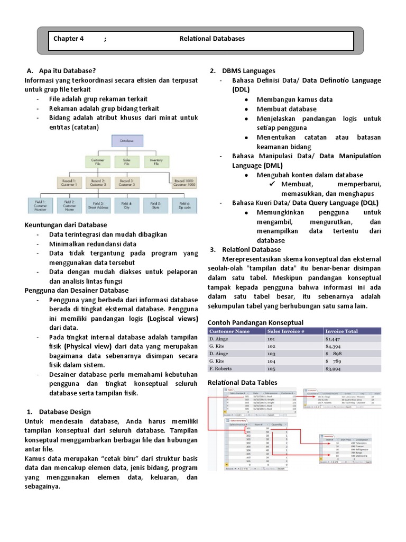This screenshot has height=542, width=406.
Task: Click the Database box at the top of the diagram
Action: pyautogui.click(x=126, y=141)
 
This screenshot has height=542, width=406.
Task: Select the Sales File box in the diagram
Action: pyautogui.click(x=126, y=161)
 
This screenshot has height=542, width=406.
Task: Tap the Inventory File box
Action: pyautogui.click(x=156, y=161)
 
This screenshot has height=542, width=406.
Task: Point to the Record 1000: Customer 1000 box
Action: pyautogui.click(x=183, y=183)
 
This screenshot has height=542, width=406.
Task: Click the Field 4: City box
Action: pyautogui.click(x=126, y=205)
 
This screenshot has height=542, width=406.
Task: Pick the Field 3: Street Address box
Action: pyautogui.click(x=98, y=205)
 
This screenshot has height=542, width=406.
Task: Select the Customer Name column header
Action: pyautogui.click(x=229, y=331)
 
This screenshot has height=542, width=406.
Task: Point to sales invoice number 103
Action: pyautogui.click(x=272, y=354)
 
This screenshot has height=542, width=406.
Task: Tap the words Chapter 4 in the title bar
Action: pyautogui.click(x=69, y=39)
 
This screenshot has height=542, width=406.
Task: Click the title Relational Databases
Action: pyautogui.click(x=212, y=39)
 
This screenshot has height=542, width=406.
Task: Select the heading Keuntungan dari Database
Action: pyautogui.click(x=66, y=224)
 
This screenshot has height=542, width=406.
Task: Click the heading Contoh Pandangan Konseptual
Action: pyautogui.click(x=256, y=322)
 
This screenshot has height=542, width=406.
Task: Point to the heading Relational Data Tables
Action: pyautogui.click(x=243, y=382)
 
